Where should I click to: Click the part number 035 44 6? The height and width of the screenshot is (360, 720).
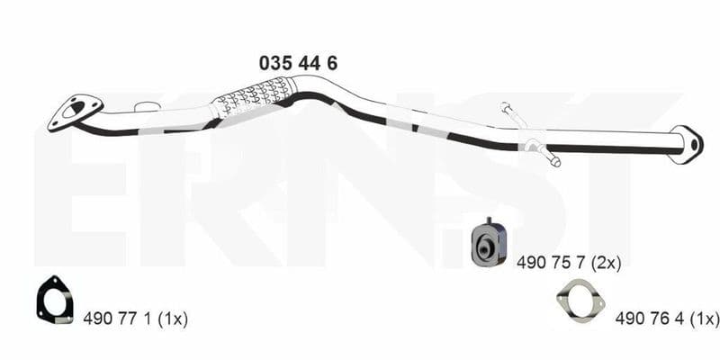pyautogui.click(x=298, y=63)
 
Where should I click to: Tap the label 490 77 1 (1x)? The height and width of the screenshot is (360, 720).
pyautogui.click(x=136, y=319)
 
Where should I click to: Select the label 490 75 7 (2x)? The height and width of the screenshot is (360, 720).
pyautogui.click(x=569, y=263)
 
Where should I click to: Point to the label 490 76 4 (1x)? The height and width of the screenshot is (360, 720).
pyautogui.click(x=667, y=318)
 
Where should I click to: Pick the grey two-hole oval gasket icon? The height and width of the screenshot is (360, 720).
pyautogui.click(x=580, y=299)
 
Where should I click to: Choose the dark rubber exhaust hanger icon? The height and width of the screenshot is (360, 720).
pyautogui.click(x=489, y=242)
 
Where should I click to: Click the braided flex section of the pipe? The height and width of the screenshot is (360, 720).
pyautogui.click(x=253, y=99)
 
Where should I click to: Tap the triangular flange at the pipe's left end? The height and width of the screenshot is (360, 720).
pyautogui.click(x=75, y=113)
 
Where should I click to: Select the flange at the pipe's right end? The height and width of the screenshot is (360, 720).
pyautogui.click(x=687, y=145)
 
